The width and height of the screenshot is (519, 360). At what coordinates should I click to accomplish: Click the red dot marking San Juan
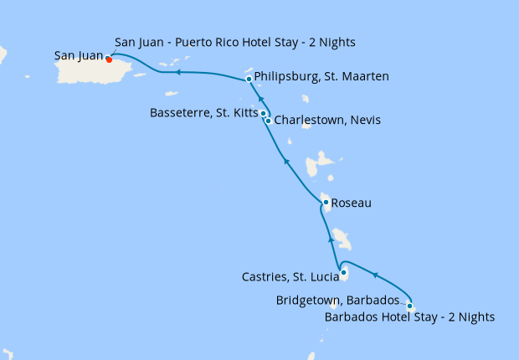[109, 59]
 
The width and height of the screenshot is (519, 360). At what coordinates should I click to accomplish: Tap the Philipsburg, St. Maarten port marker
[249, 80]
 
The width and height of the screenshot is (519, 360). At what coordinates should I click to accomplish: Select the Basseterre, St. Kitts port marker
[263, 113]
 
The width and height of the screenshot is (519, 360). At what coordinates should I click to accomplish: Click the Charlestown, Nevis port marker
[268, 121]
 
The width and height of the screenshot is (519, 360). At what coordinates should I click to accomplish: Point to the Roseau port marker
[326, 202]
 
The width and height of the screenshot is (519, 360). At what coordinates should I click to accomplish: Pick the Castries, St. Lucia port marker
[344, 272]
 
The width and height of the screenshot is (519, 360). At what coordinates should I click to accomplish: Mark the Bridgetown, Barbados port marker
[409, 305]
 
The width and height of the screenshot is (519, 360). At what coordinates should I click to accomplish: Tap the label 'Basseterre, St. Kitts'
[203, 112]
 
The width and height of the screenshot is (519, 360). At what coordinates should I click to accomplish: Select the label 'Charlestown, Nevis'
[327, 121]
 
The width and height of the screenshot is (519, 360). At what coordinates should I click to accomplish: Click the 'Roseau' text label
[351, 203]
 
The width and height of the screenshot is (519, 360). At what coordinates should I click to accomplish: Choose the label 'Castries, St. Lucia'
[289, 276]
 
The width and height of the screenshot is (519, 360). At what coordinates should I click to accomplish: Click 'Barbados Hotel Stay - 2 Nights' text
[409, 317]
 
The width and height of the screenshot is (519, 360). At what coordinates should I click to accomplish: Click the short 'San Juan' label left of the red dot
[78, 57]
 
